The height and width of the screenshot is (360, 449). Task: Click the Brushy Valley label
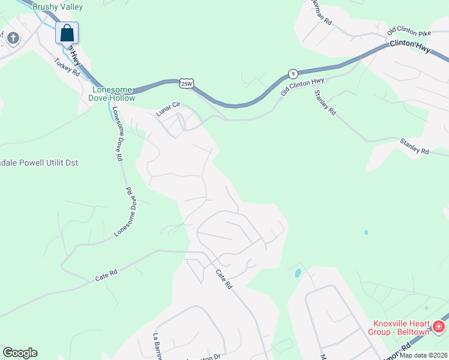point(58,7)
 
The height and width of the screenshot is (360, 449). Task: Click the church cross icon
point(13,39)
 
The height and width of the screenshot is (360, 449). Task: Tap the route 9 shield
point(292,74)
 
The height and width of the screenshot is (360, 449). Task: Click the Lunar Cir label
point(168,109)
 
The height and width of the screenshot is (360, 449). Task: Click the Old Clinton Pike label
point(409,31)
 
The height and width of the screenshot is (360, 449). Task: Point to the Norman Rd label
point(322,13)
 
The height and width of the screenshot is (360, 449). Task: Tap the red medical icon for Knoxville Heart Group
point(439,327)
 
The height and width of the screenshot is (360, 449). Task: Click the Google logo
point(20,353)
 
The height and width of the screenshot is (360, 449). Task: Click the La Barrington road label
point(158,347)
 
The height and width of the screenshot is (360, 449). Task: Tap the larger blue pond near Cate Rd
point(298,274)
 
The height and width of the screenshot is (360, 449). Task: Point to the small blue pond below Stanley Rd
point(366,232)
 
